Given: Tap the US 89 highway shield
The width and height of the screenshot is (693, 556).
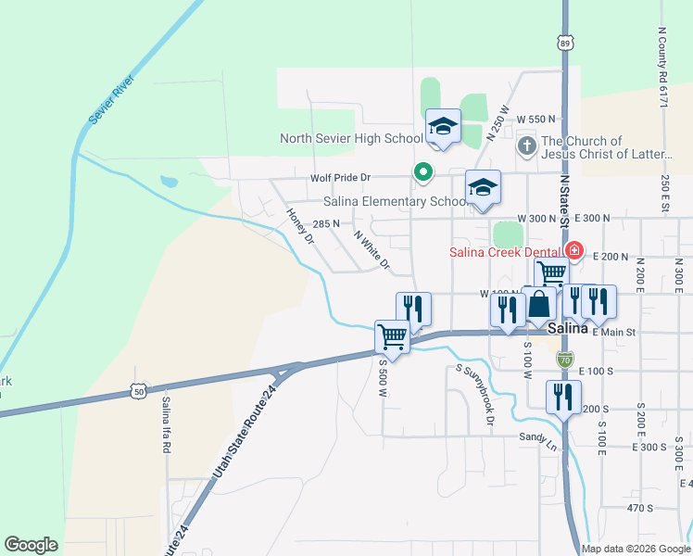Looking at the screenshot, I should click(565, 43).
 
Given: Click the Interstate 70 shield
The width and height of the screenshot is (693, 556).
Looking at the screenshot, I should click(565, 358).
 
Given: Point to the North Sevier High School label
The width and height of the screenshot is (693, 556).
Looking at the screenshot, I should click(351, 139).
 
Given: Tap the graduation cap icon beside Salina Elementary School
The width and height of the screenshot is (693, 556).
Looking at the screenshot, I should click(483, 189).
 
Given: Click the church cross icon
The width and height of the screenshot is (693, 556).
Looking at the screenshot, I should click(526, 145).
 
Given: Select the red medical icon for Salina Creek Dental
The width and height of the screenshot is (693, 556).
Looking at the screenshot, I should click(573, 251).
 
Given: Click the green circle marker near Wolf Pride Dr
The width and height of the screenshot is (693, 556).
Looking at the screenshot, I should click(422, 171).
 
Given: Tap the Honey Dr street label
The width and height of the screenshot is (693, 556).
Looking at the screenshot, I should click(300, 225).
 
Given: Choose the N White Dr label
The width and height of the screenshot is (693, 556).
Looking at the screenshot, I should click(372, 250).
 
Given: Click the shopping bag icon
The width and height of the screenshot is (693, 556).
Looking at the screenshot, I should click(538, 305).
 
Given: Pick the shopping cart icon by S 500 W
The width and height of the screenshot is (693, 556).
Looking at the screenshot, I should click(393, 337).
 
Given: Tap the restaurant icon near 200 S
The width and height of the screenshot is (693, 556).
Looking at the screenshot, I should click(563, 398).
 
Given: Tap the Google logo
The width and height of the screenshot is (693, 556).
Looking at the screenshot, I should click(31, 545).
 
